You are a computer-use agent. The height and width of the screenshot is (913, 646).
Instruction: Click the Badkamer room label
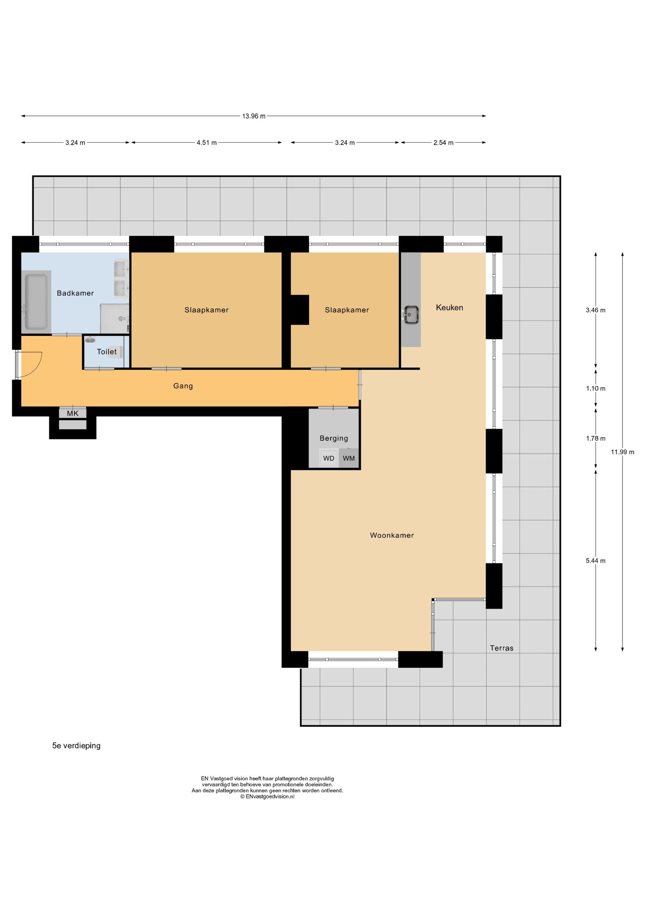[x=75, y=293]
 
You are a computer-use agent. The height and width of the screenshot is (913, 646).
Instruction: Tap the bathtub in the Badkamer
[x=36, y=302]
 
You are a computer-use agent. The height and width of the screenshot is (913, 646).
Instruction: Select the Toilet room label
[x=107, y=352]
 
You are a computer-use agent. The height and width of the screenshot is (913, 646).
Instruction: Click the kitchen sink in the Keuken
[x=411, y=315]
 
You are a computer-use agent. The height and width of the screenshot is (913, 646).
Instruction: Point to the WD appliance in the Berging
[x=329, y=458]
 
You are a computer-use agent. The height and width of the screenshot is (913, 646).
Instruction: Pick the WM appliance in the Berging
[x=349, y=458]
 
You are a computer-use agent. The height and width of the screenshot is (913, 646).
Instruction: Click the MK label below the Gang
[x=73, y=413]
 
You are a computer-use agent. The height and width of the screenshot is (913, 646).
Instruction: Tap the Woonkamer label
[x=392, y=535]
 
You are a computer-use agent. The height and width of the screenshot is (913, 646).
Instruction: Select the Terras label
[x=502, y=648]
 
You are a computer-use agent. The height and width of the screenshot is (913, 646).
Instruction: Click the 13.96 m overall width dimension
[x=254, y=116]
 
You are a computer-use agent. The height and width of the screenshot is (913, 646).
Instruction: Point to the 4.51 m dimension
[x=206, y=143]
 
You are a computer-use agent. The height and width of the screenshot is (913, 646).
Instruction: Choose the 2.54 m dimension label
[x=443, y=143]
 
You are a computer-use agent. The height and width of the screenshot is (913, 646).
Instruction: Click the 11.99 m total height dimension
[x=623, y=452]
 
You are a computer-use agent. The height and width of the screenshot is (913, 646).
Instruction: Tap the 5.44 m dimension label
[x=596, y=561]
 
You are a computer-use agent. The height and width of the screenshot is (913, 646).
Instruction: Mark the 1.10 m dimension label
[x=596, y=389]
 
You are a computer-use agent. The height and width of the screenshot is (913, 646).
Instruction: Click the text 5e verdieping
[x=76, y=746]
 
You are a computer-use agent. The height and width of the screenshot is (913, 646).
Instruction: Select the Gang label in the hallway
[x=183, y=386]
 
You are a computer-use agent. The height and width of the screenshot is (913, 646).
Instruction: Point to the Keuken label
[x=450, y=308]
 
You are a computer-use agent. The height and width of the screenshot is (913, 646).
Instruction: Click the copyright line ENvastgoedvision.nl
[x=267, y=797]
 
